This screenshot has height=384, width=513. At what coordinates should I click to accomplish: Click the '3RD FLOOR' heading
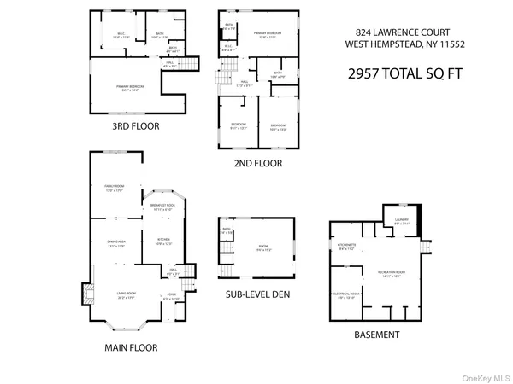135,126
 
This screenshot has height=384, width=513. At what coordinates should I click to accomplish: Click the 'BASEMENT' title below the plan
376,335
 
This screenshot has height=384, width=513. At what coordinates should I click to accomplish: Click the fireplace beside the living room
85,295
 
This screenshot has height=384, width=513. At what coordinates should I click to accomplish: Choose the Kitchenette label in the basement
347,248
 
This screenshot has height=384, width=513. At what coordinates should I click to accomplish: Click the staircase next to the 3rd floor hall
194,63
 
